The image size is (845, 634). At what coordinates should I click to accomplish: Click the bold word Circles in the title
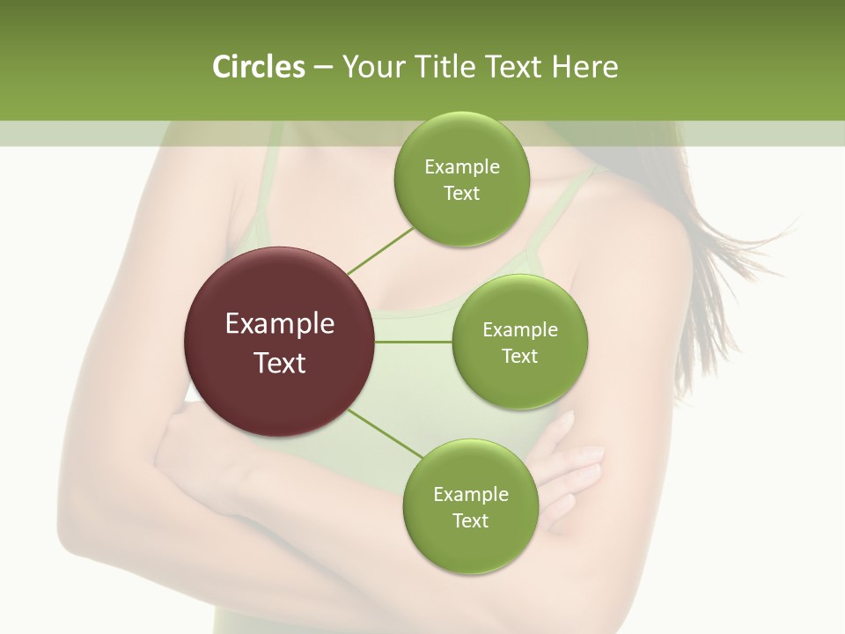pyautogui.click(x=258, y=67)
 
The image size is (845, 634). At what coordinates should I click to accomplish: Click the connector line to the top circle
pyautogui.click(x=380, y=250)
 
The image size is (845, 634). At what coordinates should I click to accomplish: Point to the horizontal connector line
pyautogui.click(x=413, y=342)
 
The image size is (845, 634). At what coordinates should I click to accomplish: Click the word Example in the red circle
pyautogui.click(x=279, y=324)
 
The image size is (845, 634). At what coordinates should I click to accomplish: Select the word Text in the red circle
pyautogui.click(x=279, y=363)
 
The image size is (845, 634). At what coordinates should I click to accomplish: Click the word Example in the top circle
pyautogui.click(x=461, y=167)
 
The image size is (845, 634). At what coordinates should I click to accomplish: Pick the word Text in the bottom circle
pyautogui.click(x=470, y=520)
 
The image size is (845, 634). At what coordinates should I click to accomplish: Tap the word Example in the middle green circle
pyautogui.click(x=519, y=330)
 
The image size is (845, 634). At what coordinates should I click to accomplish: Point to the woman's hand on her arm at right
pyautogui.click(x=572, y=467)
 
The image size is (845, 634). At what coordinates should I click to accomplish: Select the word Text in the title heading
pyautogui.click(x=510, y=67)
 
